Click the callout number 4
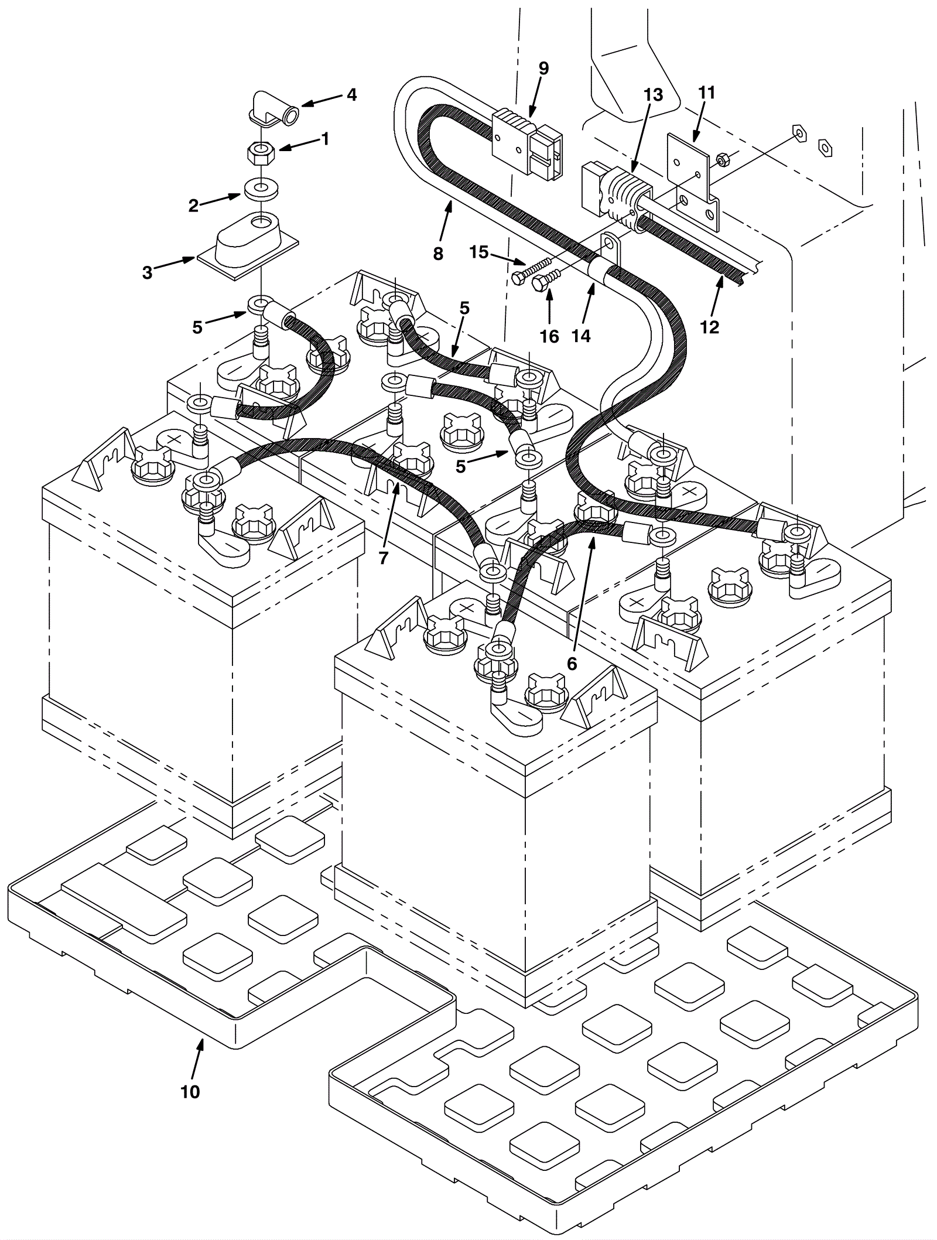pos(351,94)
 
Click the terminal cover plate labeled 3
pos(248,245)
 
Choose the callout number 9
pos(543,69)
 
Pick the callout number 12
pos(709,326)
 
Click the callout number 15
pos(478,252)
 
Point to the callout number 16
pos(550,336)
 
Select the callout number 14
pos(582,335)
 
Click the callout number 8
pos(439,254)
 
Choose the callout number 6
pos(572,663)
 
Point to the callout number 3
pos(148,272)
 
